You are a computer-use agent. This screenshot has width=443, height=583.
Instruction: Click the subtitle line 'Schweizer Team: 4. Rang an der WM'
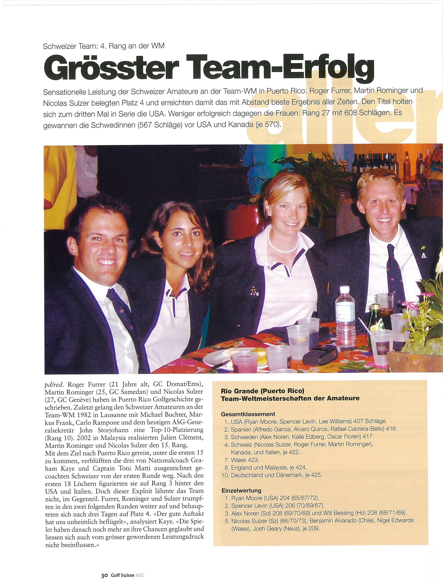tap(104, 46)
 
